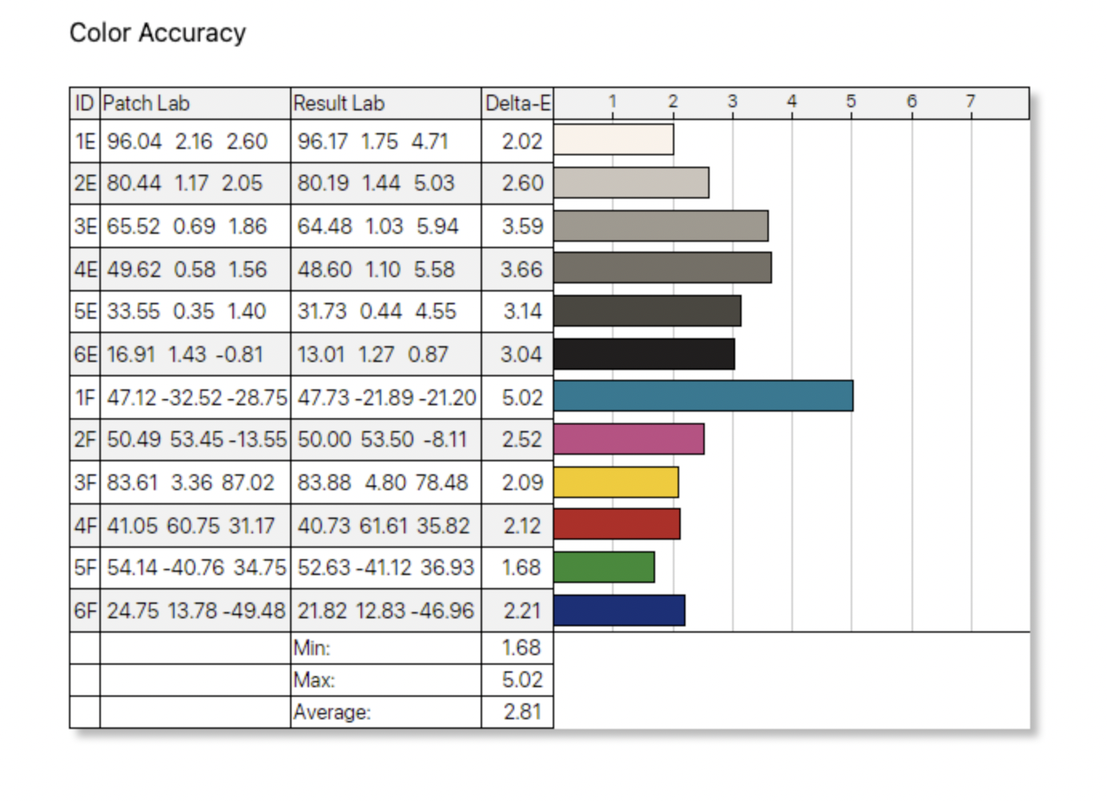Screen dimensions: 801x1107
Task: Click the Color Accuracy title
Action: click(x=158, y=33)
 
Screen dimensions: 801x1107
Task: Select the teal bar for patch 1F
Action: click(x=702, y=396)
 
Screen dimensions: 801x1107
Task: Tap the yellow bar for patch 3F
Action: click(x=615, y=482)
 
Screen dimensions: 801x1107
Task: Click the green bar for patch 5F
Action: click(x=603, y=567)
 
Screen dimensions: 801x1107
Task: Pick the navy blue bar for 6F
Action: click(x=618, y=610)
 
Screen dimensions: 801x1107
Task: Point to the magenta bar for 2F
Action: click(x=628, y=439)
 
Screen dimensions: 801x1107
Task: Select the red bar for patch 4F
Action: click(x=616, y=525)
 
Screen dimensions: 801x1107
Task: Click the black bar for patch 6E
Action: click(x=643, y=354)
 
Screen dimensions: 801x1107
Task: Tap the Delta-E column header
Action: click(x=517, y=103)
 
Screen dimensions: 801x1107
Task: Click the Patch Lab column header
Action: click(x=146, y=103)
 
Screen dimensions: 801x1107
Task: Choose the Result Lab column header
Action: click(x=339, y=103)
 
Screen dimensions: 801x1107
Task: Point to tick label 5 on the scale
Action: click(x=851, y=102)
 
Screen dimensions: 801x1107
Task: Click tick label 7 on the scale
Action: click(x=970, y=102)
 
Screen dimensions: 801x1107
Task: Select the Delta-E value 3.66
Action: click(x=521, y=269)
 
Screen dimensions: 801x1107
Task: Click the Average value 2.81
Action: click(x=522, y=711)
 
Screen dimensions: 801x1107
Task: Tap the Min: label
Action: click(x=312, y=647)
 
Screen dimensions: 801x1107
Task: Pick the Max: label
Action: click(x=314, y=680)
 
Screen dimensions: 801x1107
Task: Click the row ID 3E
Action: click(x=85, y=226)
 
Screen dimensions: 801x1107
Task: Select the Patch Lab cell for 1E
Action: click(x=187, y=142)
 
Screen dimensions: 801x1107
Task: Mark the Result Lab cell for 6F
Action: click(x=385, y=610)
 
